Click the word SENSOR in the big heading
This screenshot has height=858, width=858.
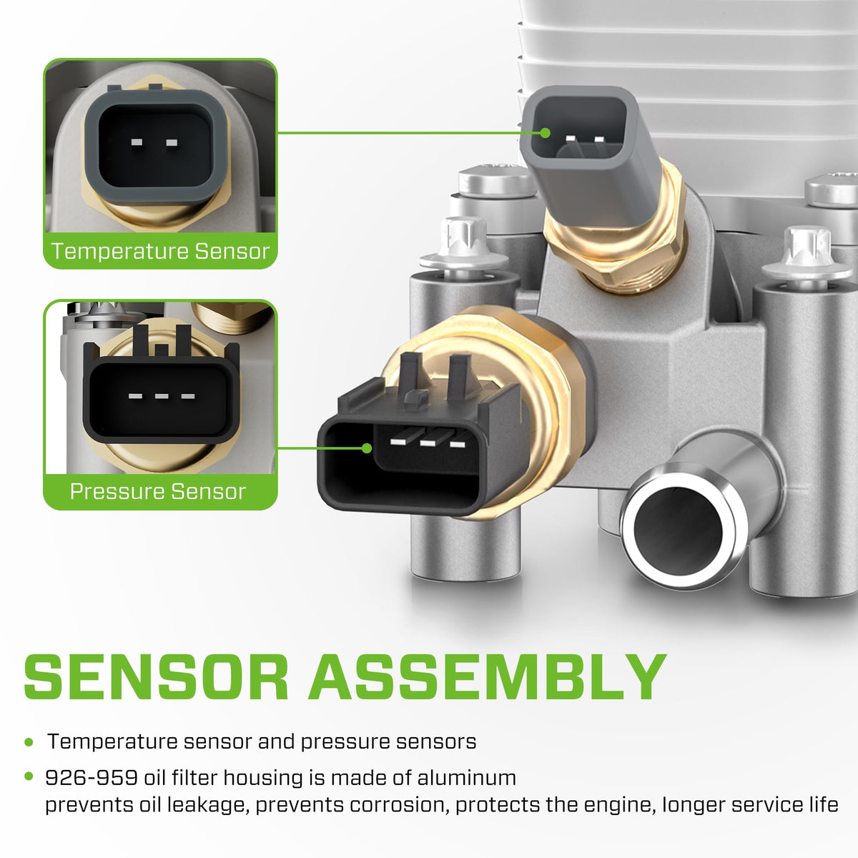pyautogui.click(x=155, y=677)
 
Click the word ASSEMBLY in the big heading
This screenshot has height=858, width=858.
pyautogui.click(x=487, y=677)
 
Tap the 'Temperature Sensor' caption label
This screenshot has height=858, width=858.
pyautogui.click(x=160, y=251)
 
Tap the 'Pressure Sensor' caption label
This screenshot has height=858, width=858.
pyautogui.click(x=158, y=491)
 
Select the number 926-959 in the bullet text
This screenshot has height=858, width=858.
pyautogui.click(x=92, y=778)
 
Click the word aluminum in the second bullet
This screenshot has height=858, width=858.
pyautogui.click(x=467, y=778)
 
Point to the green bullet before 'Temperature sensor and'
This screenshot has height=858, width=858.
pyautogui.click(x=29, y=742)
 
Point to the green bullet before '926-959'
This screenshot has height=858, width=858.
pyautogui.click(x=29, y=776)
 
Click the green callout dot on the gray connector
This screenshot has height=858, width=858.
pyautogui.click(x=545, y=133)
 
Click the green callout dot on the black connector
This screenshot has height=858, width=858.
pyautogui.click(x=367, y=448)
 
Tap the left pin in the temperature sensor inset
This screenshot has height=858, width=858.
pyautogui.click(x=137, y=142)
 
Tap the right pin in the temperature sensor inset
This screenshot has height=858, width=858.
pyautogui.click(x=172, y=142)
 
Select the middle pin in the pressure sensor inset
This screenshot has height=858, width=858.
pyautogui.click(x=162, y=396)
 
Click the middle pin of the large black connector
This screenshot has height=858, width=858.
pyautogui.click(x=428, y=443)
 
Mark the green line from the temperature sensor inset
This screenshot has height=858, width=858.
pyautogui.click(x=409, y=133)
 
